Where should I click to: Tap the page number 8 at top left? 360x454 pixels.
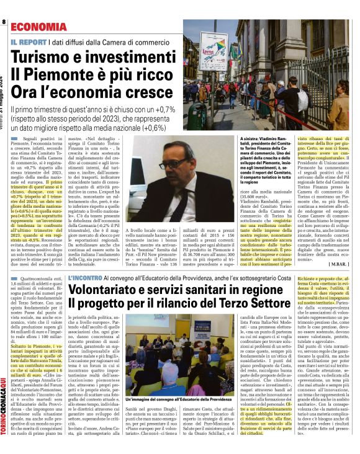(4, 22)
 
